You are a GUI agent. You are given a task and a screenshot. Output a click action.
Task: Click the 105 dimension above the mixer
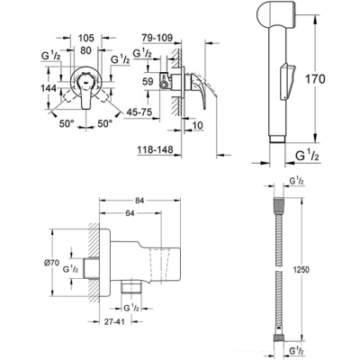point(86,38)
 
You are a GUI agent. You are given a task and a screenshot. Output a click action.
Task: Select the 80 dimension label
point(85,50)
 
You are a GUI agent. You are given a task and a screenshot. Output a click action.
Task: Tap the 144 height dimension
point(49,88)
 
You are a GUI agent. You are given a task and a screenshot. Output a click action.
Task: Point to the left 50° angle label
point(67,123)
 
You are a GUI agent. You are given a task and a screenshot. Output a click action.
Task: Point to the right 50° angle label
point(105,123)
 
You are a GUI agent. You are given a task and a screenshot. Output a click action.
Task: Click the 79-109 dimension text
point(157,38)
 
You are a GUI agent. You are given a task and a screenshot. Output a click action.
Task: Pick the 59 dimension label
point(148,82)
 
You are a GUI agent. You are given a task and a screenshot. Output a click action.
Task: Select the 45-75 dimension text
point(139,112)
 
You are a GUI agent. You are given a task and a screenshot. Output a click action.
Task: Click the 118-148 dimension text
point(156,150)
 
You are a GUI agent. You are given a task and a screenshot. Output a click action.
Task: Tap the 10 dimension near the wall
point(197,125)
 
